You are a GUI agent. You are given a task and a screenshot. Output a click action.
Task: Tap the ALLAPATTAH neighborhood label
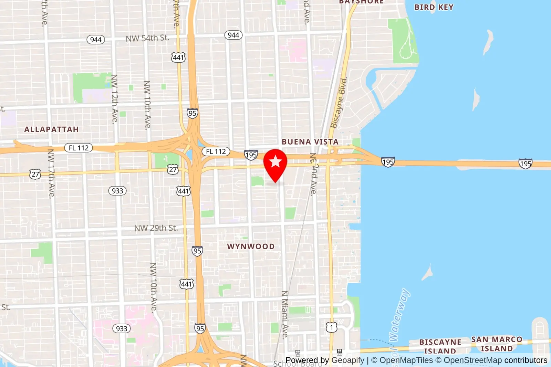51,130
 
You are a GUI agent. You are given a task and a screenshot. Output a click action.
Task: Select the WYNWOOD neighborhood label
251,247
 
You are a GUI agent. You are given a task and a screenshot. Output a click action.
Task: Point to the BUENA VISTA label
310,142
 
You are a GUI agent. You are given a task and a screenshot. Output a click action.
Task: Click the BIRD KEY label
434,7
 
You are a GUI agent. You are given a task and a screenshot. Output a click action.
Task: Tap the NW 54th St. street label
147,38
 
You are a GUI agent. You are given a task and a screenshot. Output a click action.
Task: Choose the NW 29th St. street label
156,228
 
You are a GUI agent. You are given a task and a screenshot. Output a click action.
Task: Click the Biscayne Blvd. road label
339,103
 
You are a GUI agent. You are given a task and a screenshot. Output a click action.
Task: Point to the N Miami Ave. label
285,315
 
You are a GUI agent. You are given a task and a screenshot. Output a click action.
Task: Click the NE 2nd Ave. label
313,174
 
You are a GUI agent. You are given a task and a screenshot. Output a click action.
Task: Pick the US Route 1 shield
331,327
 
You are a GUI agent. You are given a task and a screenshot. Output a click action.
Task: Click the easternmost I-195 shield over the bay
525,164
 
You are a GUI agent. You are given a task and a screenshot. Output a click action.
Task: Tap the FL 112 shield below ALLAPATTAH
79,148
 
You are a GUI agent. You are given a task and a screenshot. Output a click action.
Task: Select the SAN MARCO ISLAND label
497,344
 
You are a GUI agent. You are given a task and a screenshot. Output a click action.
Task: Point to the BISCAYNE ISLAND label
440,346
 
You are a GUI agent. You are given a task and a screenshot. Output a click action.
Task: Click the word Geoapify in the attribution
348,360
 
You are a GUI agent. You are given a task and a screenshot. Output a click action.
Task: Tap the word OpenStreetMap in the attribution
472,360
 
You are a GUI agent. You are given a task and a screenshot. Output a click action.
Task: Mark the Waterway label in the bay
399,315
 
